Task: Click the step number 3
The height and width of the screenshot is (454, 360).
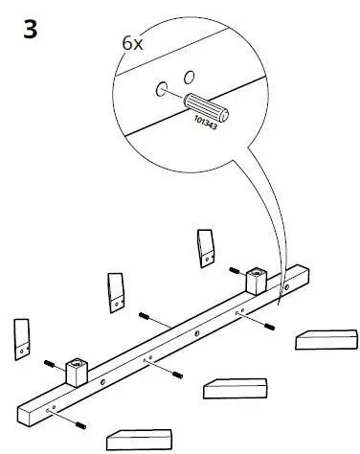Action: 31,29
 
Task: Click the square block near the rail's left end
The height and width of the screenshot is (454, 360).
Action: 76,370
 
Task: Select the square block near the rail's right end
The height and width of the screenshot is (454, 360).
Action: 256,281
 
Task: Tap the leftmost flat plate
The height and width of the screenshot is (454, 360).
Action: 23,337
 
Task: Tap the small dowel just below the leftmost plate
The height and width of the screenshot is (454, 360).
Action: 49,364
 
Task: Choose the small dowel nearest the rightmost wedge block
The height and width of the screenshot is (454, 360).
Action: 268,327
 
